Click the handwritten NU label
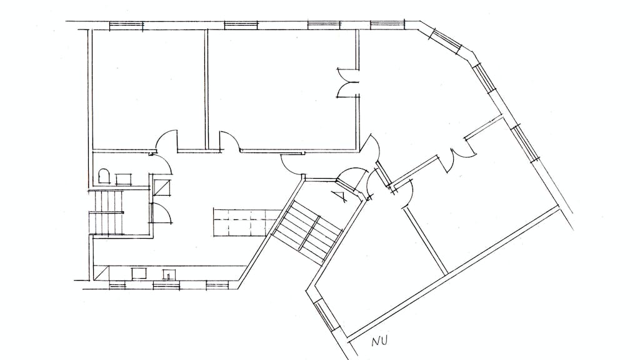379,340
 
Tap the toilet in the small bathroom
104,176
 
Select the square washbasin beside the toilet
124,179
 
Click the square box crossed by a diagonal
163,186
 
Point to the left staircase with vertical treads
107,212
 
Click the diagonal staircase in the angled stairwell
307,231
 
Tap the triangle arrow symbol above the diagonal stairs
340,197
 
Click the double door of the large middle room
347,83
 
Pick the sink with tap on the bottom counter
169,274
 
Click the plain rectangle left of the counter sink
139,273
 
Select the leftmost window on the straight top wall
127,26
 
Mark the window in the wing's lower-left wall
325,316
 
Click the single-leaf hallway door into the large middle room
230,141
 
